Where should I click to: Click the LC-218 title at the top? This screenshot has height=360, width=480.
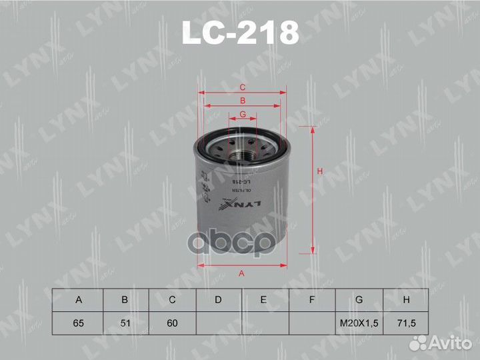[240, 32]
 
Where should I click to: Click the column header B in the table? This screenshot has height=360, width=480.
[125, 300]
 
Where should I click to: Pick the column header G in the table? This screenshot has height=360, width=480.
[359, 300]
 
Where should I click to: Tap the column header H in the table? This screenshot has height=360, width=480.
[406, 300]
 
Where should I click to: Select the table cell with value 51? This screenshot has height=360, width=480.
[125, 323]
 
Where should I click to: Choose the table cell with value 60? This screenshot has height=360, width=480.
[172, 323]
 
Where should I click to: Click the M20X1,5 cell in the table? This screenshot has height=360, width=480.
[359, 323]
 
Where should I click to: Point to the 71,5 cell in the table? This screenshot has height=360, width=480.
[406, 323]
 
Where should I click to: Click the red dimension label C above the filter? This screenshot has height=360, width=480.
[243, 87]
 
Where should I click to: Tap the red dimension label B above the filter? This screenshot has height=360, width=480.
[243, 101]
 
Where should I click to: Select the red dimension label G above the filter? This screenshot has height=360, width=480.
[243, 115]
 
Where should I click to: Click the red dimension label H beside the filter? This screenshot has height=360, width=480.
[320, 173]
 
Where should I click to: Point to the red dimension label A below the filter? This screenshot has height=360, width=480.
[241, 273]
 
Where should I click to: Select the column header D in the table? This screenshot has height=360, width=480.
[219, 300]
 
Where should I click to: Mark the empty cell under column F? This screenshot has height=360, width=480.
[312, 323]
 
